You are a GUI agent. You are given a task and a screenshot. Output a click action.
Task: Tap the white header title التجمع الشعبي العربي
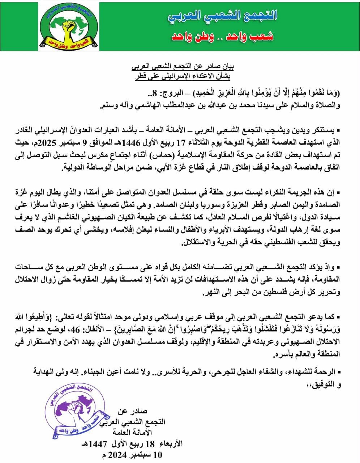point(222,16)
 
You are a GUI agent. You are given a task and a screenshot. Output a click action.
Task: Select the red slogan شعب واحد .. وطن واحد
point(222,36)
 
